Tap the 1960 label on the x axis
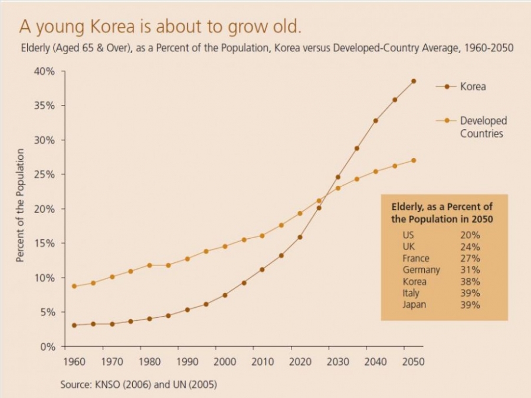(x=73, y=361)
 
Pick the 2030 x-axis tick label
(x=337, y=361)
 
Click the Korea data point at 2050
(x=414, y=81)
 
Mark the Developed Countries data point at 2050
(x=414, y=160)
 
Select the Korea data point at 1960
(x=74, y=325)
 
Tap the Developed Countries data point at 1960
(x=74, y=286)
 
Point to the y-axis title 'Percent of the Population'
(x=20, y=206)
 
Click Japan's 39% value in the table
(x=470, y=305)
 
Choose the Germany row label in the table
(x=421, y=270)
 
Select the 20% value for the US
(x=470, y=235)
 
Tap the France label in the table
(x=416, y=258)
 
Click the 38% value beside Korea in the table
(x=470, y=282)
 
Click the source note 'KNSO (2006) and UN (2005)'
(x=155, y=384)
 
